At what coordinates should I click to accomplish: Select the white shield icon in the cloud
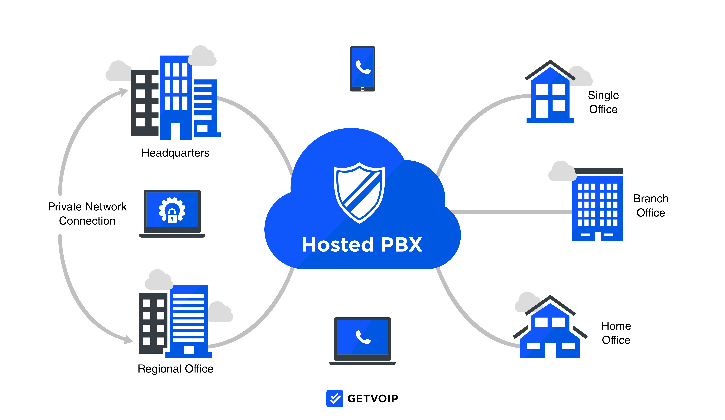tap(359, 192)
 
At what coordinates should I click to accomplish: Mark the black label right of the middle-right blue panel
tap(651, 206)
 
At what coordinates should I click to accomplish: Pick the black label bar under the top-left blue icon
tap(176, 154)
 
